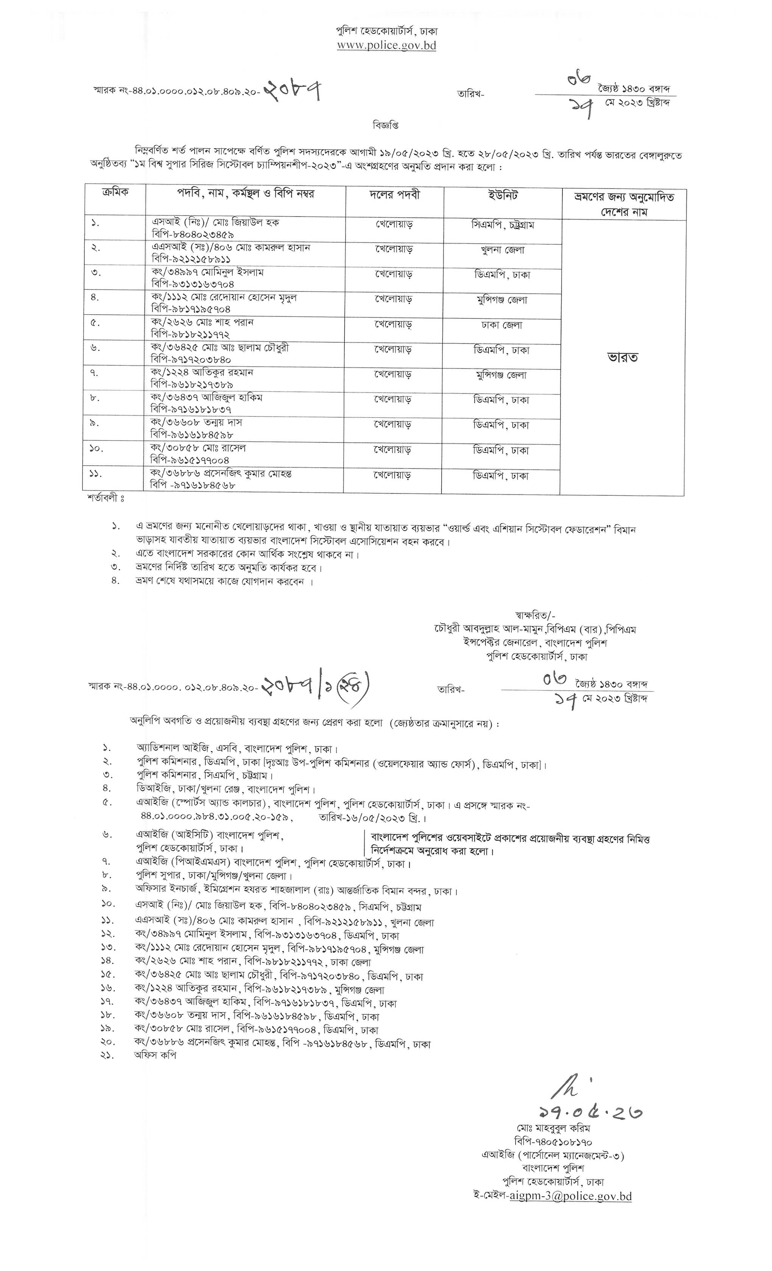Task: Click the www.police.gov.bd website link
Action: (x=386, y=45)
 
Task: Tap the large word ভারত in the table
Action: (x=623, y=357)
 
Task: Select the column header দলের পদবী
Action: (x=395, y=195)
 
